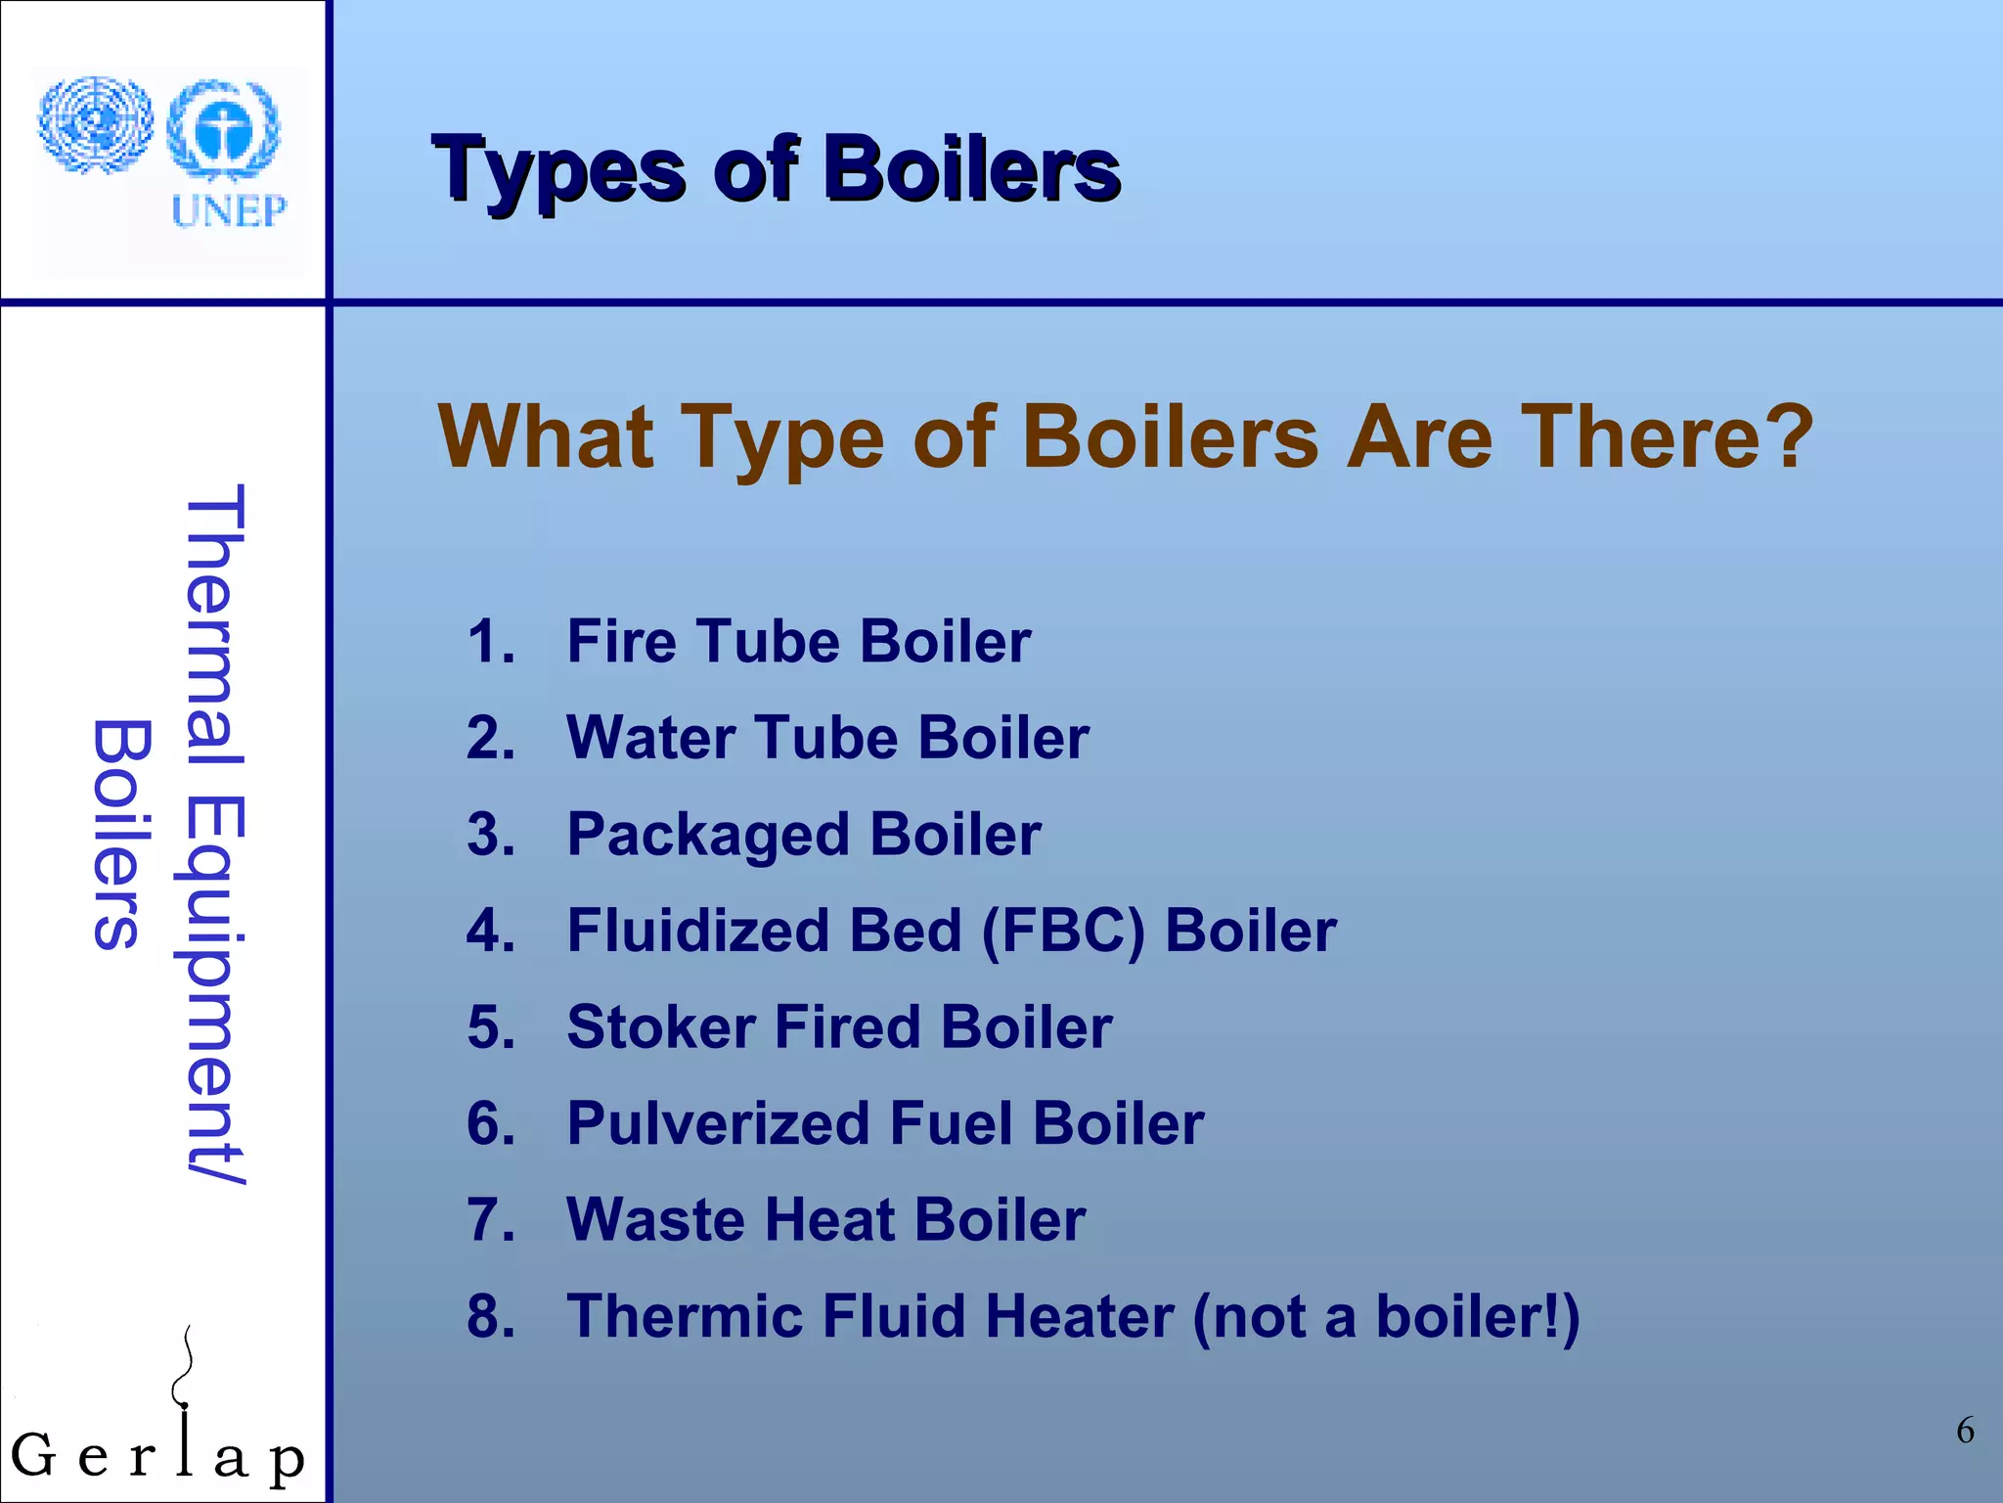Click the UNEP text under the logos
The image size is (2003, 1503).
pos(229,210)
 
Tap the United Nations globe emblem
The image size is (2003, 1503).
pos(96,125)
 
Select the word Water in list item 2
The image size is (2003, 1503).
pos(650,738)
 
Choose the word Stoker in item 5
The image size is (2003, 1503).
pos(661,1027)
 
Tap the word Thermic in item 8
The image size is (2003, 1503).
pos(685,1316)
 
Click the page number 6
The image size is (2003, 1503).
pos(1965,1431)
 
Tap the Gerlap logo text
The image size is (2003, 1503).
pos(156,1455)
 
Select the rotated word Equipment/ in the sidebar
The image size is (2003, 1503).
pos(215,988)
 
